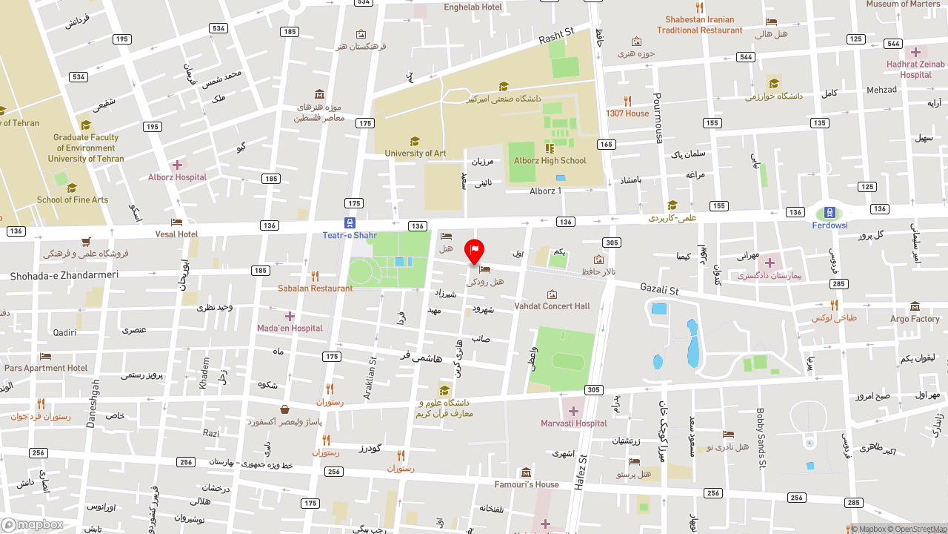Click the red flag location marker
point(474,251)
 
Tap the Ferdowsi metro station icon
point(830,213)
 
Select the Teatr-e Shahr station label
point(350,236)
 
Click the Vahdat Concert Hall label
point(552,306)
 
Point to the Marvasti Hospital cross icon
point(573,411)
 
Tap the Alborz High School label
point(550,161)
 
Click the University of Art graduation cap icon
point(415,141)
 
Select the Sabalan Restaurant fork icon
point(315,276)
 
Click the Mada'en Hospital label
point(290,329)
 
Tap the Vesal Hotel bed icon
point(176,222)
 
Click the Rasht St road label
point(557,36)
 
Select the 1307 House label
point(627,113)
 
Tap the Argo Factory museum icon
point(915,306)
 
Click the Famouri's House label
point(527,485)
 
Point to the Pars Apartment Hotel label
point(46,369)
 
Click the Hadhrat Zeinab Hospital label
point(916,70)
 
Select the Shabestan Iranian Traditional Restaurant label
point(699,25)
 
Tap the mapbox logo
point(33,524)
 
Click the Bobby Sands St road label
point(760,438)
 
